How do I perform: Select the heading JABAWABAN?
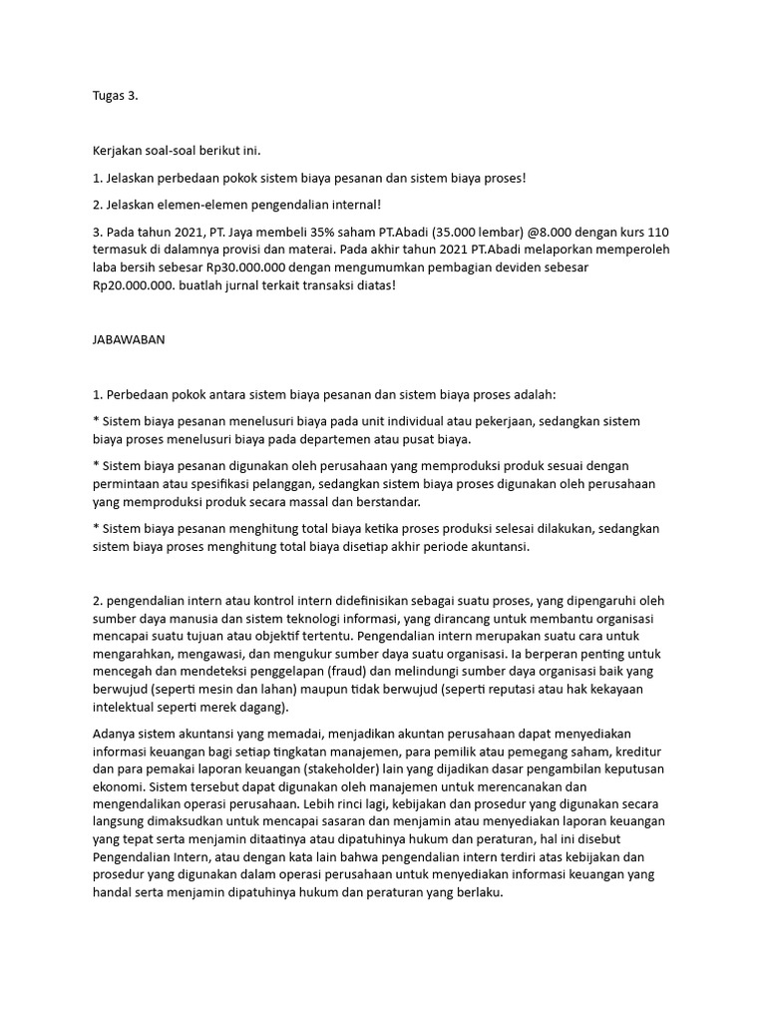pos(129,339)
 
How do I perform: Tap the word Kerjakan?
pos(119,151)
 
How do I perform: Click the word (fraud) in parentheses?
pos(382,672)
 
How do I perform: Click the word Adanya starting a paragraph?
pos(115,734)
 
